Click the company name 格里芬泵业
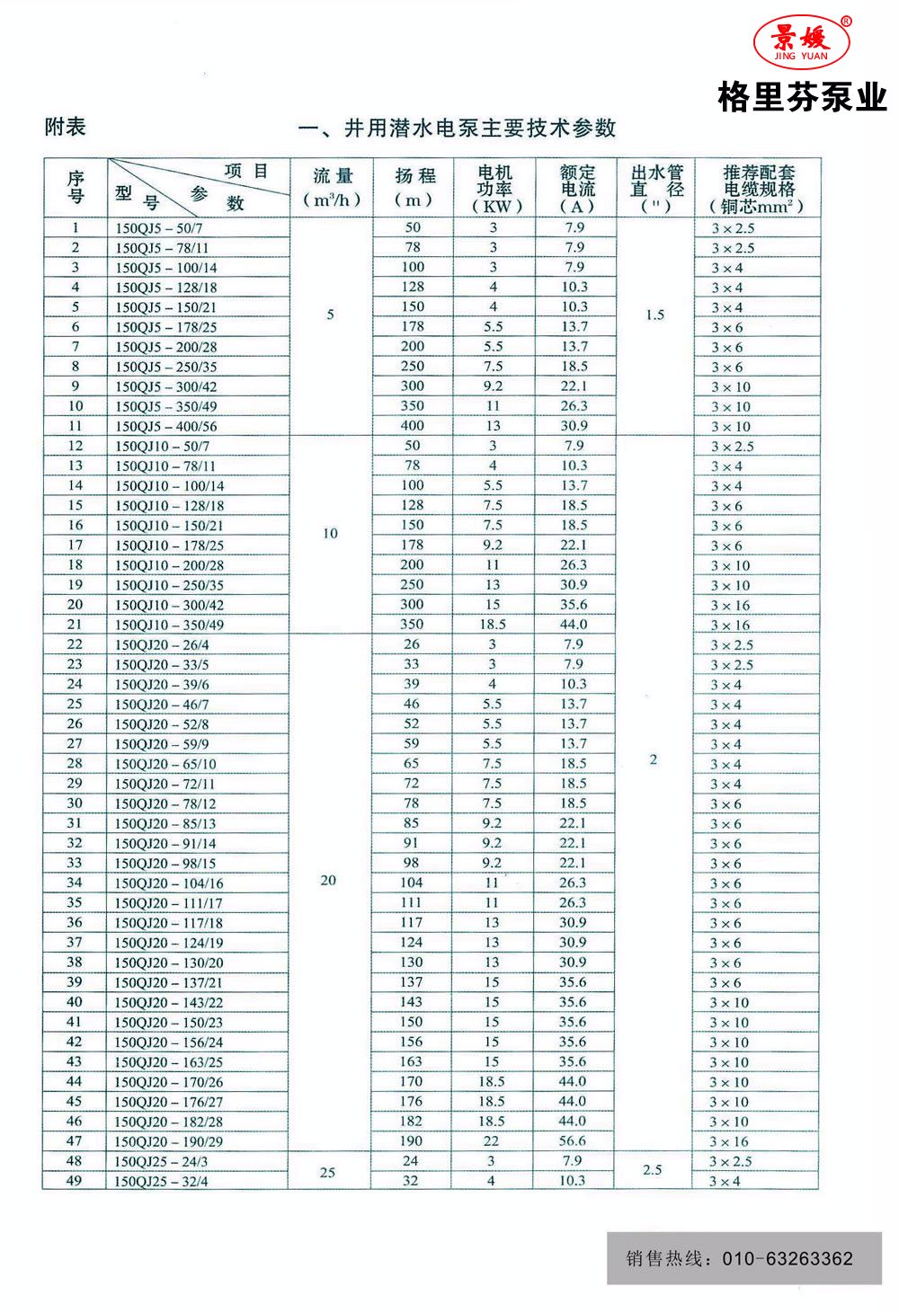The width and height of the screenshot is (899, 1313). tap(802, 97)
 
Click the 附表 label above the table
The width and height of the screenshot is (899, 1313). tap(66, 127)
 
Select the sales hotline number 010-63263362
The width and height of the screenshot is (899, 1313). tap(788, 1258)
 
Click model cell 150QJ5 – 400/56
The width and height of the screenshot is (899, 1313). tap(166, 427)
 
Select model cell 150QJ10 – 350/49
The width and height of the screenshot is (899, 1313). tap(169, 625)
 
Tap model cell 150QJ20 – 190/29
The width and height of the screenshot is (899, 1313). tap(169, 1142)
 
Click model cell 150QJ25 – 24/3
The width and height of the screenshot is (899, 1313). tap(161, 1162)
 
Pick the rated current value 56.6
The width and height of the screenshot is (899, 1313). tap(573, 1141)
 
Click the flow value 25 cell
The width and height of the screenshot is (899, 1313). tap(328, 1172)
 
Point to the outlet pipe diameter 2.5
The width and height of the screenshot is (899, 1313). tap(653, 1170)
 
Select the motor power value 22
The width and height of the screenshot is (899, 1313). tap(491, 1141)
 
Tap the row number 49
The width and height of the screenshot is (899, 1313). tap(74, 1181)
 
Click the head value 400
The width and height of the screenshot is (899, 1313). tap(413, 426)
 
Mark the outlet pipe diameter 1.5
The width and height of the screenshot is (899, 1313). tap(654, 315)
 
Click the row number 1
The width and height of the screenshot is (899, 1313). tap(76, 228)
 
